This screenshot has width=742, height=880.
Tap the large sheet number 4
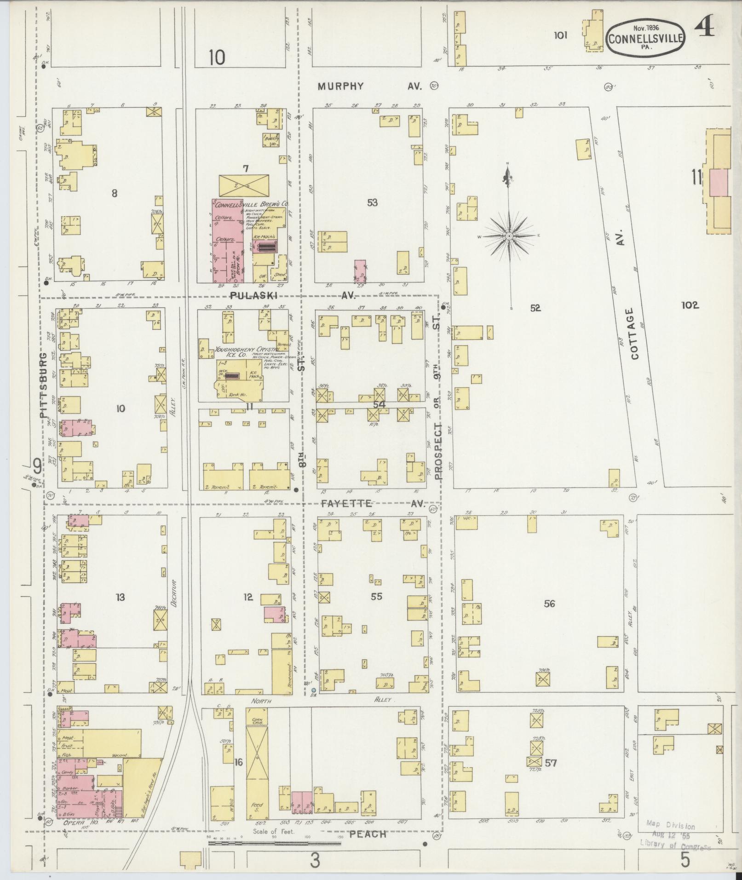(704, 28)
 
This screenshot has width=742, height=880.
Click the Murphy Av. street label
(370, 86)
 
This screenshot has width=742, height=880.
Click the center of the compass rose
(509, 236)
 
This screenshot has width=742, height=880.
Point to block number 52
(535, 308)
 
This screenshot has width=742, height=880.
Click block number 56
(549, 604)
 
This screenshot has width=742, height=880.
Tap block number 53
(372, 202)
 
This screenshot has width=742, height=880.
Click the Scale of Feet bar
(274, 844)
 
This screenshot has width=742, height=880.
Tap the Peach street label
(368, 834)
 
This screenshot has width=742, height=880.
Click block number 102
(690, 305)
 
